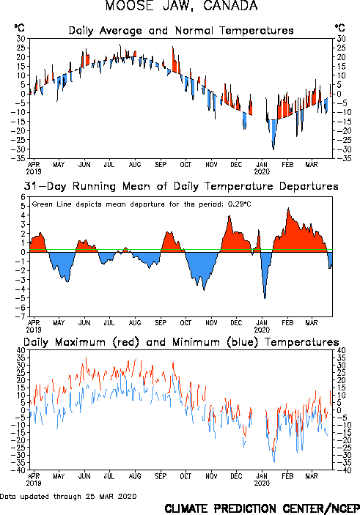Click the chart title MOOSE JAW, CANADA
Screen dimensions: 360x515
click(x=181, y=6)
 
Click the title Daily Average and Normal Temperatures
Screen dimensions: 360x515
click(x=181, y=31)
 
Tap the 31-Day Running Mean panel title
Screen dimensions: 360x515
click(x=181, y=186)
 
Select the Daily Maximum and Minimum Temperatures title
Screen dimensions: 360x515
click(x=181, y=342)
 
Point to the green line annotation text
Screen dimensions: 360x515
click(x=142, y=204)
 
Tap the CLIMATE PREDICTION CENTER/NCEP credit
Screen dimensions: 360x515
click(x=262, y=508)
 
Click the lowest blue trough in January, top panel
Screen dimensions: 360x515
click(x=273, y=149)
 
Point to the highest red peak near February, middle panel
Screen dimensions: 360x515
click(x=288, y=208)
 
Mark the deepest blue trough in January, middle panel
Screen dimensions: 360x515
click(x=265, y=298)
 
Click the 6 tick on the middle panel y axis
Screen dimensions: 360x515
click(x=23, y=197)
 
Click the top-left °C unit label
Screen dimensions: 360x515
click(x=20, y=28)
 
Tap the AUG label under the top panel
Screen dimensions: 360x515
click(x=135, y=164)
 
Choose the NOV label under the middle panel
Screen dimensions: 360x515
click(x=211, y=322)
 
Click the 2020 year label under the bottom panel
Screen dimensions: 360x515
click(x=262, y=483)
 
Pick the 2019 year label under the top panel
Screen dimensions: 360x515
click(x=34, y=171)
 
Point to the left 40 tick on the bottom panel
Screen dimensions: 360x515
click(x=21, y=350)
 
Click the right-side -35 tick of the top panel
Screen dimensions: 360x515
click(x=343, y=158)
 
